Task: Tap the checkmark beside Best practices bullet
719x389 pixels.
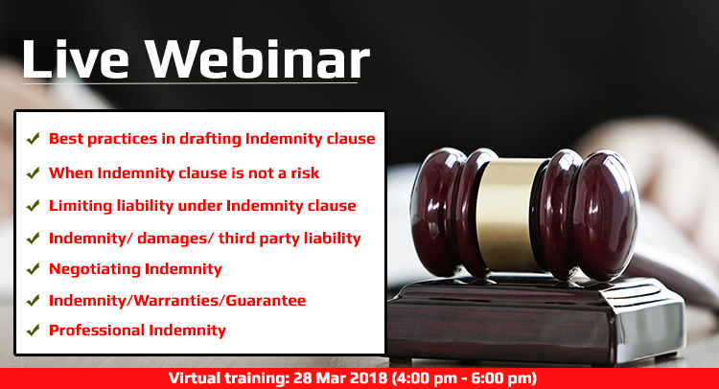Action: coord(33,139)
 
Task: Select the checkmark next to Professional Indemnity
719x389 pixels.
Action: coord(33,331)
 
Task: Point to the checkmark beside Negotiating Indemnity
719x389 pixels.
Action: coord(33,269)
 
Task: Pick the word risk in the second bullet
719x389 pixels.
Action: coord(299,173)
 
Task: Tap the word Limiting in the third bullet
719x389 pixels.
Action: coord(81,205)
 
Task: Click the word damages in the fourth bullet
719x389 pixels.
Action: coord(166,238)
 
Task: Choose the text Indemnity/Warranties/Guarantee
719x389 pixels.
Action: coord(177,301)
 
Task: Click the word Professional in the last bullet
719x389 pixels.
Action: coord(94,331)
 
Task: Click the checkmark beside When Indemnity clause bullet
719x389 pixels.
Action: coord(33,173)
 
